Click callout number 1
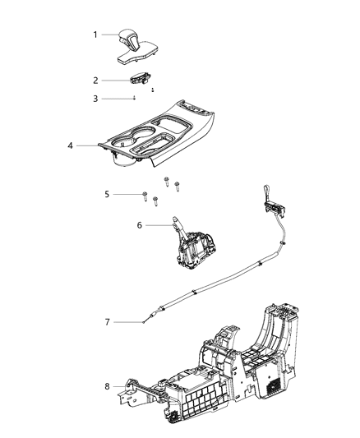[x=95, y=35]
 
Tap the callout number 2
[x=95, y=80]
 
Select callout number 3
[x=95, y=98]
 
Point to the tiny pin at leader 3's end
[x=134, y=98]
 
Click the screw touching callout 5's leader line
[x=145, y=195]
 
